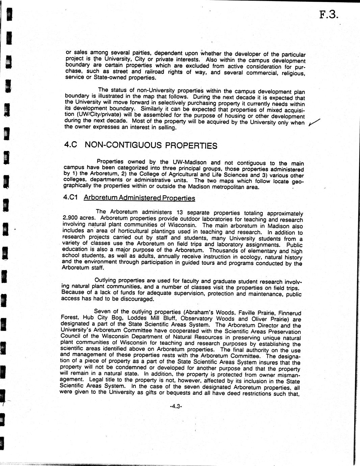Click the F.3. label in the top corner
click(328, 16)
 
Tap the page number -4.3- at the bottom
click(176, 407)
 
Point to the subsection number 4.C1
click(70, 197)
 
